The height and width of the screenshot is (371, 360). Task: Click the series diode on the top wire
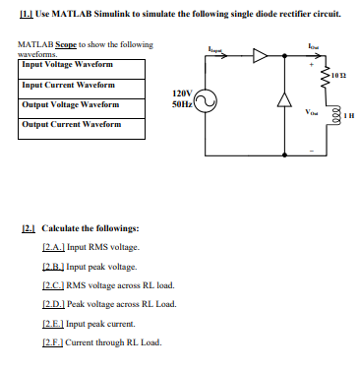pos(260,58)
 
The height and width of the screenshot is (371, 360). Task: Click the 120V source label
pos(181,93)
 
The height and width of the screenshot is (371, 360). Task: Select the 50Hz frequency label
pos(181,102)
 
